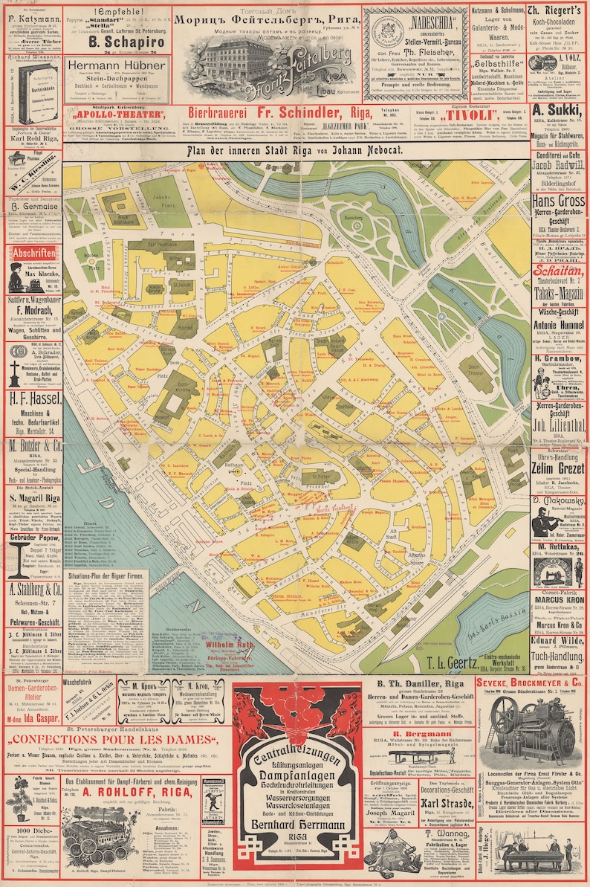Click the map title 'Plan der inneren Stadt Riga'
tap(295, 150)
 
